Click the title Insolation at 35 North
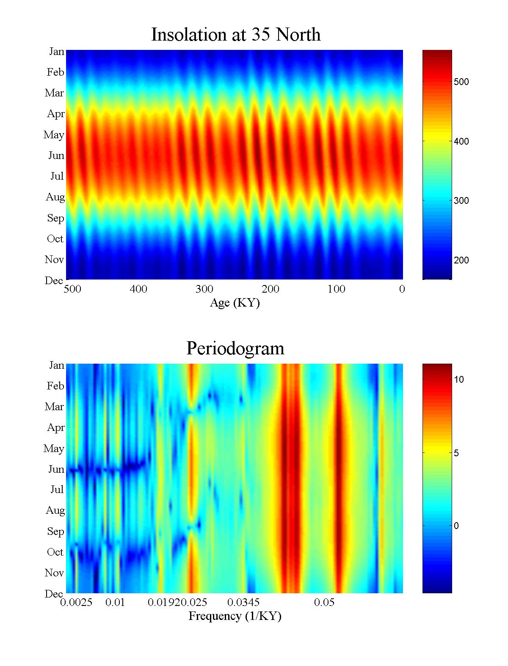point(236,35)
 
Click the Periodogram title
point(235,348)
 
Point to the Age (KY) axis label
point(235,303)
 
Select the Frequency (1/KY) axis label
point(235,616)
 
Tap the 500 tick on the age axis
point(72,289)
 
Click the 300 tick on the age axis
point(204,289)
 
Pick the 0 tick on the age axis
point(402,289)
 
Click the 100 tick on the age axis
point(336,289)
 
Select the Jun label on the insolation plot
point(56,156)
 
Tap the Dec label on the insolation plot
point(54,280)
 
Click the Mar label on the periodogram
point(55,407)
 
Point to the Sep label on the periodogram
point(55,532)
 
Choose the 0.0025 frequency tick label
point(76,603)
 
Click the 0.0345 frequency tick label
point(243,603)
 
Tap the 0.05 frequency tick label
point(324,603)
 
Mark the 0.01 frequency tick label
point(115,603)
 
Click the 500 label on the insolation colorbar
point(461,82)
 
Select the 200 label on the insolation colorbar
point(461,260)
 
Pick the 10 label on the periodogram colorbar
point(459,380)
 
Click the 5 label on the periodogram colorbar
point(456,453)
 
